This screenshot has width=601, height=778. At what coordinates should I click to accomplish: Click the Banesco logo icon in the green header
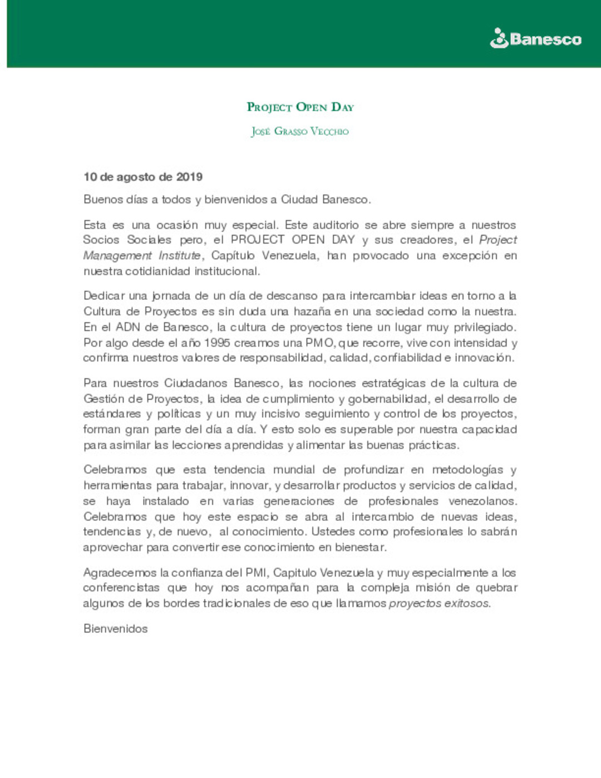click(499, 38)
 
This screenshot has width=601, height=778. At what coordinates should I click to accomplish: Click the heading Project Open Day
click(300, 107)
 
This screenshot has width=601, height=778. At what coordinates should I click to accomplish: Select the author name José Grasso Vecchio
click(300, 131)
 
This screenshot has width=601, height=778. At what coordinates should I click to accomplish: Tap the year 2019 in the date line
click(189, 177)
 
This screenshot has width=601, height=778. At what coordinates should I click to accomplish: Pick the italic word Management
click(117, 255)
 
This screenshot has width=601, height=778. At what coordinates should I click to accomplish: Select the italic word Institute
click(179, 255)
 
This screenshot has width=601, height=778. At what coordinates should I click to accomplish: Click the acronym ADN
click(128, 327)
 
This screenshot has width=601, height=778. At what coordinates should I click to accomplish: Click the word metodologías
click(467, 470)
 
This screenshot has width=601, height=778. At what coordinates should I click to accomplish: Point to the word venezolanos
click(482, 501)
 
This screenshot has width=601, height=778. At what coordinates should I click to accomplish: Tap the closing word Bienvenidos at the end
click(116, 629)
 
